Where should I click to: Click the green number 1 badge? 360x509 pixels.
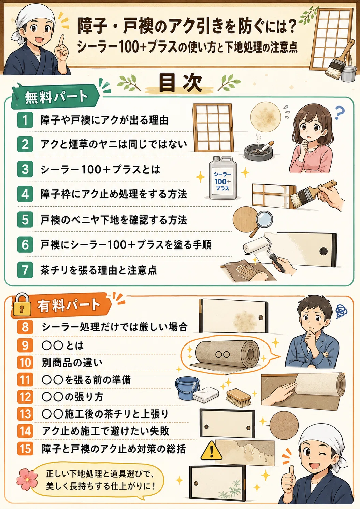25,120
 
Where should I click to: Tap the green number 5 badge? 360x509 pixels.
25,220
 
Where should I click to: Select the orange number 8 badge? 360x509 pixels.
25,327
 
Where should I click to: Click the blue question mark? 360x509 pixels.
340,113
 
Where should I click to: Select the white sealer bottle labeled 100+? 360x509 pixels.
222,178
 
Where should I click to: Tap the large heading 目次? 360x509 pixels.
180,83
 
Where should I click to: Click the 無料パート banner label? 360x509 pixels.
56,97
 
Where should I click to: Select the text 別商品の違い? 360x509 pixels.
72,363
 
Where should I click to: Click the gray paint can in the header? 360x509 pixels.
349,72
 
